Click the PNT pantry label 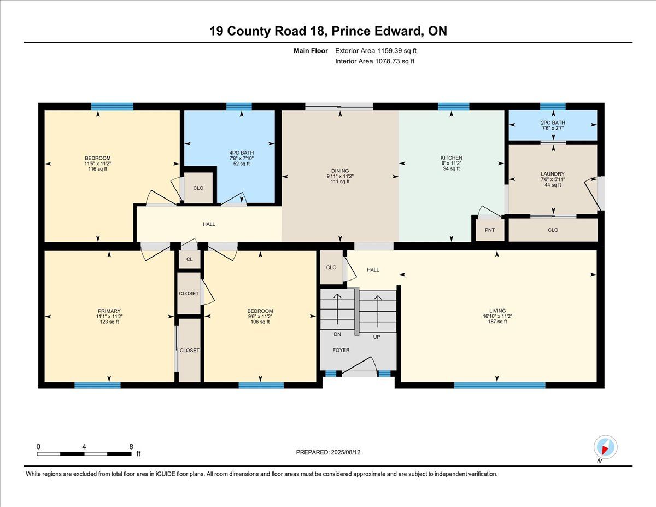click(x=490, y=230)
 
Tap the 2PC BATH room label click(x=553, y=123)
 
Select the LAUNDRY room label click(x=553, y=174)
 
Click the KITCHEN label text click(x=452, y=158)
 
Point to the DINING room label click(x=340, y=171)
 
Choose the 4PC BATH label click(x=242, y=153)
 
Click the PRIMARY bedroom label click(x=109, y=311)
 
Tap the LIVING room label click(x=497, y=311)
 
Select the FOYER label click(x=341, y=350)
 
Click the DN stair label click(x=337, y=334)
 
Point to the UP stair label click(x=377, y=337)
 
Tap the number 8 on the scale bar click(x=131, y=447)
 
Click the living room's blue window click(x=500, y=385)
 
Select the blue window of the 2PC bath click(x=553, y=106)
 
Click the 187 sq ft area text click(x=497, y=322)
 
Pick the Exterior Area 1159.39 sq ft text click(x=376, y=51)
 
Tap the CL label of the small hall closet click(x=189, y=259)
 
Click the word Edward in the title click(x=394, y=31)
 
